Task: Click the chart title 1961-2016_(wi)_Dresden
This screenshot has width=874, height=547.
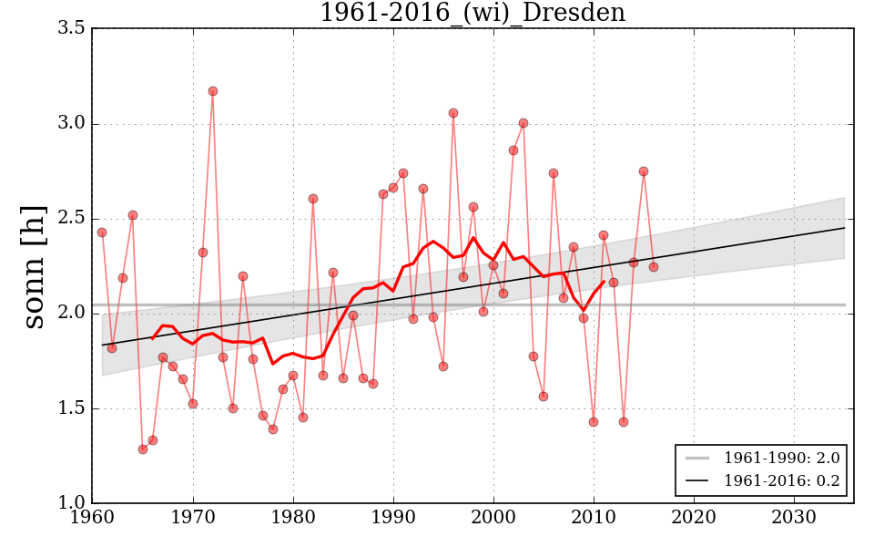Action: [x=473, y=13]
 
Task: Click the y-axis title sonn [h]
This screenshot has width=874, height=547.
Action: [x=34, y=266]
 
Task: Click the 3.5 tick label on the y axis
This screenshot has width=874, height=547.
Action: [x=73, y=29]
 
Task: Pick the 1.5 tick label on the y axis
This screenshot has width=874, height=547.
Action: [x=73, y=408]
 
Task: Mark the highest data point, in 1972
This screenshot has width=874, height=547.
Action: [x=213, y=91]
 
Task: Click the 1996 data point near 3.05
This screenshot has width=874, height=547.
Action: [x=453, y=113]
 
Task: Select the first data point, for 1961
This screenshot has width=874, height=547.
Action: [x=102, y=232]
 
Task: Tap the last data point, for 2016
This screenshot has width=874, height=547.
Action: [x=654, y=267]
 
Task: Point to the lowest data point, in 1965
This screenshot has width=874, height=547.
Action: [x=143, y=449]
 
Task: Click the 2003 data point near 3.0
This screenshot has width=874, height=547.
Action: [x=523, y=123]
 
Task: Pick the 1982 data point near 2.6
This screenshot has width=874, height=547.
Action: [x=313, y=199]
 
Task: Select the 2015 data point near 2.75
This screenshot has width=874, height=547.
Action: [x=644, y=171]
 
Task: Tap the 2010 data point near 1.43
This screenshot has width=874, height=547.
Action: [x=594, y=422]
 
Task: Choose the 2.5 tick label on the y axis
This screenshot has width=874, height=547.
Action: [x=73, y=219]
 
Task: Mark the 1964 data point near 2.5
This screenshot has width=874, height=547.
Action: [x=133, y=215]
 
